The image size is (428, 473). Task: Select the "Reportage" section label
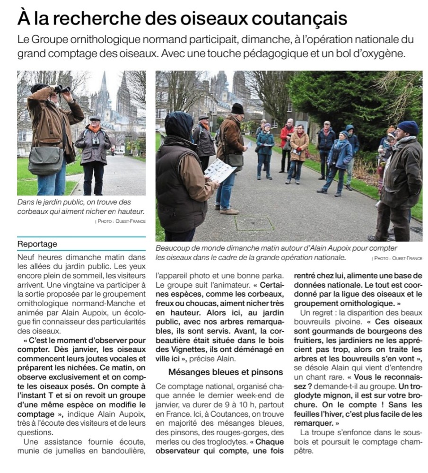coord(37,244)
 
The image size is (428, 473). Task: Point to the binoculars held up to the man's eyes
coord(61,88)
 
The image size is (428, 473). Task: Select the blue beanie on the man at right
coord(407,127)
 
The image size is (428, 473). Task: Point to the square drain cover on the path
coord(254,223)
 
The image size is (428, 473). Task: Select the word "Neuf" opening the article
coord(26,257)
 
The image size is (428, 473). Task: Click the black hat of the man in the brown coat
coord(237,108)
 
